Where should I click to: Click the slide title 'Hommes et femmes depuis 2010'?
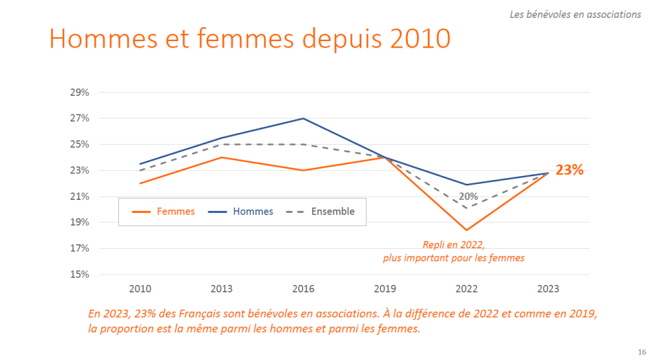pos(249,39)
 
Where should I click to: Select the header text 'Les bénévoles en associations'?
pos(575,14)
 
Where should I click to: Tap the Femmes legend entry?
pos(163,212)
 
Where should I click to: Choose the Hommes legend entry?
pos(241,212)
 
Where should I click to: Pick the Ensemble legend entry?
pos(319,212)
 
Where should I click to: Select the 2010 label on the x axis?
pos(139,289)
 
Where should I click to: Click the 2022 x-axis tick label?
pos(467,289)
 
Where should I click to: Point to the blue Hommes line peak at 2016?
pos(303,118)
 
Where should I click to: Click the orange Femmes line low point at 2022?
pos(467,230)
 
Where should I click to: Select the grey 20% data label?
pos(468,196)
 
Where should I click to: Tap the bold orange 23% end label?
pos(569,170)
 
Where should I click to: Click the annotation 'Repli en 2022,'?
pos(454,245)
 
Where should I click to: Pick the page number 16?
pos(642,352)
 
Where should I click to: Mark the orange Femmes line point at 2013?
pos(221,157)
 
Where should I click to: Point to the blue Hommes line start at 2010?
pos(139,164)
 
